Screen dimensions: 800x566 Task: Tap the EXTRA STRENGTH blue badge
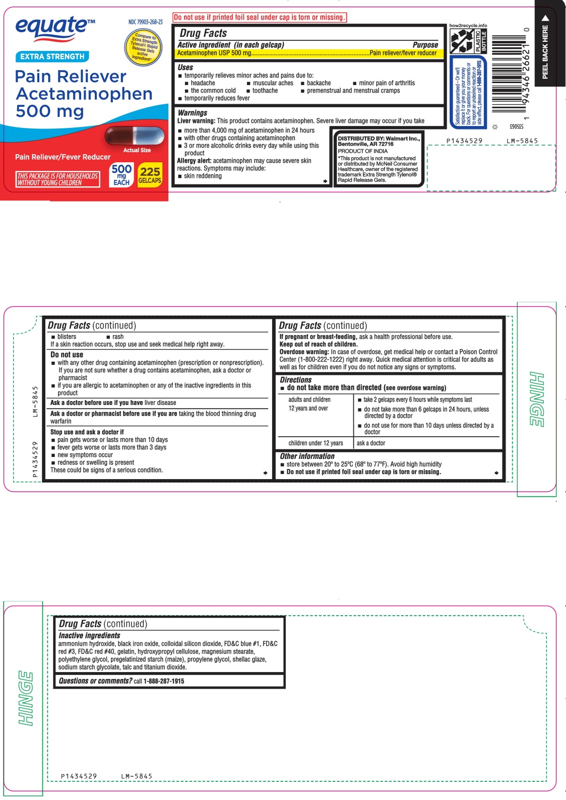(52, 56)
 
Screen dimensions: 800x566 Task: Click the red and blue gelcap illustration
(135, 136)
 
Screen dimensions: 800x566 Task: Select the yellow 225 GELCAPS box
(150, 175)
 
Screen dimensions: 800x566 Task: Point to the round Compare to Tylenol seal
(144, 47)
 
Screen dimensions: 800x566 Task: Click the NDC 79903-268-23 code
(145, 22)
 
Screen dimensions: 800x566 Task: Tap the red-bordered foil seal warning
(260, 17)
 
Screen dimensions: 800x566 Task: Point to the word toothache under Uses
(265, 91)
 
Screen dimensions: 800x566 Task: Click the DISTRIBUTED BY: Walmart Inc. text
(379, 139)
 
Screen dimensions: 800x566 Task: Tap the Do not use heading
(67, 355)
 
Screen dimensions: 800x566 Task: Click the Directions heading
(296, 380)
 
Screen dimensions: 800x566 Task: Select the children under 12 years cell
(316, 443)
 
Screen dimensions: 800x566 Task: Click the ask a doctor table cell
(371, 443)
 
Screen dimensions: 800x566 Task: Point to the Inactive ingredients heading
(89, 636)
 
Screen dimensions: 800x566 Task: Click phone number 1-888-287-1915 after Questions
(164, 681)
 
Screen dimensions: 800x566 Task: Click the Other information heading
(307, 456)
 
